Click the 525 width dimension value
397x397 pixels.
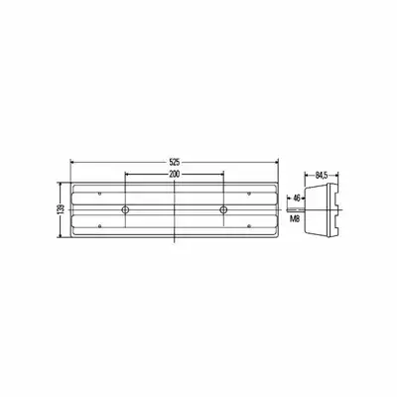coord(175,162)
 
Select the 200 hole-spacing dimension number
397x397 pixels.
coord(175,175)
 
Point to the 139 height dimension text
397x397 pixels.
coord(61,209)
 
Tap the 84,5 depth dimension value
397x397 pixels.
coord(321,175)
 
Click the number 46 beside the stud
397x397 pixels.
coord(297,198)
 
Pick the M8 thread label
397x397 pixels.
coord(295,218)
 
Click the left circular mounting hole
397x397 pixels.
coord(125,209)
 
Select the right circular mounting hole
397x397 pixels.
coord(223,209)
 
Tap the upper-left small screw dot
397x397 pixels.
coord(100,194)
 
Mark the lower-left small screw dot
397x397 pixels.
coord(100,226)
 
